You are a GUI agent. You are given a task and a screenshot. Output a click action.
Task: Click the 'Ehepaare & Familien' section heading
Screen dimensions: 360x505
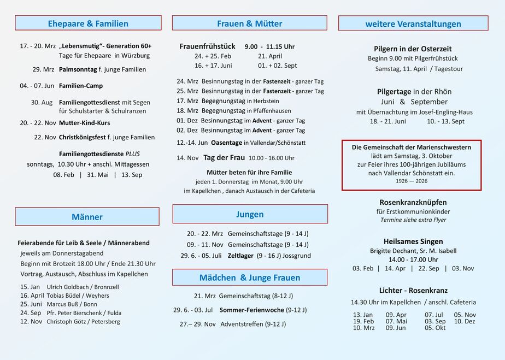[x=88, y=23]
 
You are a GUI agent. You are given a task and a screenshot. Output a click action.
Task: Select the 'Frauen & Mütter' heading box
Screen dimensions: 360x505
[x=249, y=23]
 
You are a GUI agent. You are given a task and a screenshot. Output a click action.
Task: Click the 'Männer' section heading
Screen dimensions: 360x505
[x=87, y=217]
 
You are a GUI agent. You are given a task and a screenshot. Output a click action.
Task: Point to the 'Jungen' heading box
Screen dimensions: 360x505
[x=250, y=214]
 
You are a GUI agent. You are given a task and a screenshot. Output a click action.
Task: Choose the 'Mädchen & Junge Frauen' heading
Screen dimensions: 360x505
[x=249, y=278]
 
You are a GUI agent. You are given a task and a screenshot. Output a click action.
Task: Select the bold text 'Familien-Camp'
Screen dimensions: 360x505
[x=80, y=86]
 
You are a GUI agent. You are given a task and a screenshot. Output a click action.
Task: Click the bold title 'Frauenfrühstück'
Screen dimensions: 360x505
[x=207, y=46]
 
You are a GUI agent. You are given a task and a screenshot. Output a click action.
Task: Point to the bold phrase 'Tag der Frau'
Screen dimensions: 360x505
[x=224, y=157]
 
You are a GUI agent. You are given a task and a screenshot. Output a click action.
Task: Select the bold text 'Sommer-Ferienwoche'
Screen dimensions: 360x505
[x=251, y=310]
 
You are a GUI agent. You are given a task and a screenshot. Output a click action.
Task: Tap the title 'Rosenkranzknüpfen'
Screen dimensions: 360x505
[x=413, y=202]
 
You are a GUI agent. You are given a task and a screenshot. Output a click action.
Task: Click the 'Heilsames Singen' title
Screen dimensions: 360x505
[x=413, y=241]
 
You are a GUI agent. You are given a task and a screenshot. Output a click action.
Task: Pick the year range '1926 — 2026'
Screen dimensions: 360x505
[x=412, y=181]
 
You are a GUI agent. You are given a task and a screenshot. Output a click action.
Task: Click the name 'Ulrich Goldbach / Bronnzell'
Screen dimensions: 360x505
[x=83, y=287]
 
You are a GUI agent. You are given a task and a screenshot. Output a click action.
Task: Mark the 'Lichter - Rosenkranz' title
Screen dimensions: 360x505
[x=413, y=291]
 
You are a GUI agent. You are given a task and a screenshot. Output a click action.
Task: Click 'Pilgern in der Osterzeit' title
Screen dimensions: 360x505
[x=413, y=49]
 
